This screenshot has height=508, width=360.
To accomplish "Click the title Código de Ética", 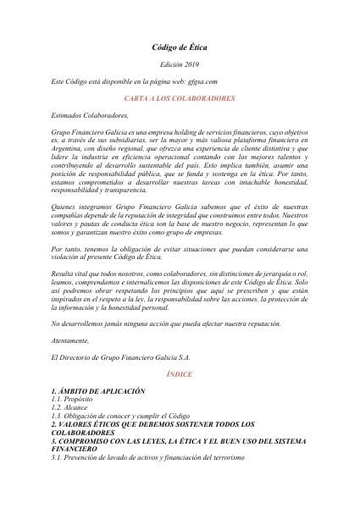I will pos(179,50).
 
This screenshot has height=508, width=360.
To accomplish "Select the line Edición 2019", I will pos(179,66).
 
